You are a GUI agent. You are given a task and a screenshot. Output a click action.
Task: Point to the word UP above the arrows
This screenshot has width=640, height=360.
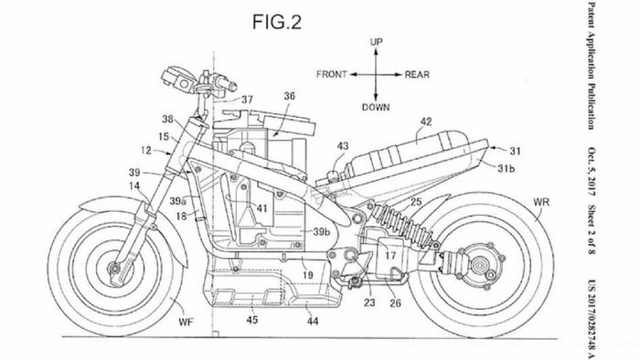(375, 42)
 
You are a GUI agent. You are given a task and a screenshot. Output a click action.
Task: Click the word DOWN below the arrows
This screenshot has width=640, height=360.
(376, 107)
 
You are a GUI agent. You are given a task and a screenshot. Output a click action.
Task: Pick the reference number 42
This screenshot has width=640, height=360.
(426, 119)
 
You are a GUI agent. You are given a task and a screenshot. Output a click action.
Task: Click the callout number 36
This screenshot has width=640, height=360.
(289, 96)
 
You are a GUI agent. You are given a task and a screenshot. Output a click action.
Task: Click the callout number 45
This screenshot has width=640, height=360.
(252, 319)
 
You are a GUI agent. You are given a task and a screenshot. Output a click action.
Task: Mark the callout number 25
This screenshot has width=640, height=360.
(415, 201)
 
